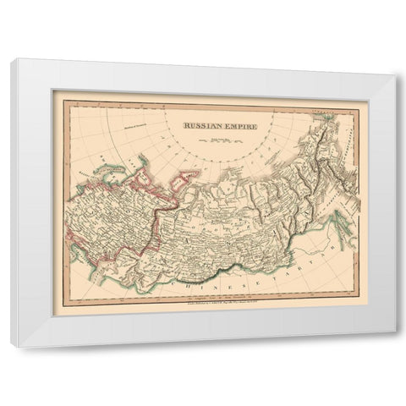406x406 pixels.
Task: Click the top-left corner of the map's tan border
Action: coord(52,91)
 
